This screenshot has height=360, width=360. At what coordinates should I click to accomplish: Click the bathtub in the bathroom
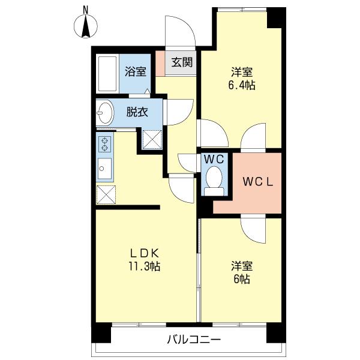click(x=107, y=74)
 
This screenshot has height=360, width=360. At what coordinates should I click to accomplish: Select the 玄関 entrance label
click(x=181, y=62)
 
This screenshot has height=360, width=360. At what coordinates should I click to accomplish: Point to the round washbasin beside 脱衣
click(x=105, y=112)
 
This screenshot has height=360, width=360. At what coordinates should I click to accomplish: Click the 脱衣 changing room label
click(x=136, y=112)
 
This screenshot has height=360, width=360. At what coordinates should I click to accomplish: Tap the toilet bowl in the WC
click(x=213, y=179)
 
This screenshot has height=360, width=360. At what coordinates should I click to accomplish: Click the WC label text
click(x=213, y=160)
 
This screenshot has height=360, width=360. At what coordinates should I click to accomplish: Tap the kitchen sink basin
click(x=103, y=169)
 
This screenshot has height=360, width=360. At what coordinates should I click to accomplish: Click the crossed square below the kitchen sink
click(x=107, y=194)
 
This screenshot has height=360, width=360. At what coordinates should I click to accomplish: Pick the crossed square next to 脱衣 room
click(x=151, y=139)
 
